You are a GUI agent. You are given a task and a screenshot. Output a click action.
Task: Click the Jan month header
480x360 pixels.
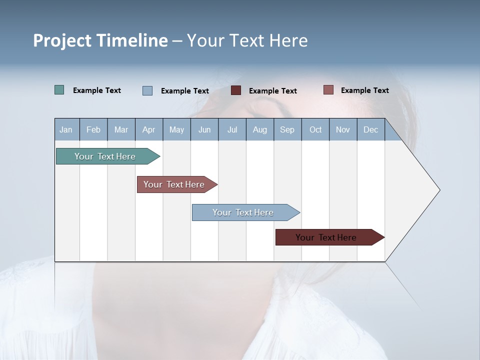[66, 129]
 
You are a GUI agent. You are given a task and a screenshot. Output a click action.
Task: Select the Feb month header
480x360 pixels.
[93, 129]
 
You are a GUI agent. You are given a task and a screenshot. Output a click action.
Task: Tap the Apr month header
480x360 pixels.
[148, 129]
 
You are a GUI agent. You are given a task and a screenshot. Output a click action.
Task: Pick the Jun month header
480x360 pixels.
[204, 129]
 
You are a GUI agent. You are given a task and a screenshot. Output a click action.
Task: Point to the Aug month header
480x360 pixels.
[259, 129]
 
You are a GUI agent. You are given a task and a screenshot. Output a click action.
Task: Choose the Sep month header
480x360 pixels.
[287, 129]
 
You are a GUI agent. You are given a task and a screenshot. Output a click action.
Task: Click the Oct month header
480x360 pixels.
[315, 129]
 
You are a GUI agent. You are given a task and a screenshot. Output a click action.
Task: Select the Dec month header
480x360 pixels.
[370, 129]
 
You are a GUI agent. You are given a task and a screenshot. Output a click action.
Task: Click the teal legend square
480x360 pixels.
[59, 90]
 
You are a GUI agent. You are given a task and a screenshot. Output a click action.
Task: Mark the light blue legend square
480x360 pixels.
[147, 90]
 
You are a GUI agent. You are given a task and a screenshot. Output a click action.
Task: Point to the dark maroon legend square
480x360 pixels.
[236, 90]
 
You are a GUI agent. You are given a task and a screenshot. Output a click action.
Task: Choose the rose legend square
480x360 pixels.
[328, 90]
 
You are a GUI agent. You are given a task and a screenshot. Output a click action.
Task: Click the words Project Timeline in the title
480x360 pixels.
[100, 40]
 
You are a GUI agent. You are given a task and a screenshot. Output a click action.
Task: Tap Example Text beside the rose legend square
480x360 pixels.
[364, 90]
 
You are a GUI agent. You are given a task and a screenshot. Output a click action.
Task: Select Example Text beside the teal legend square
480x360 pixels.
[97, 90]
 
